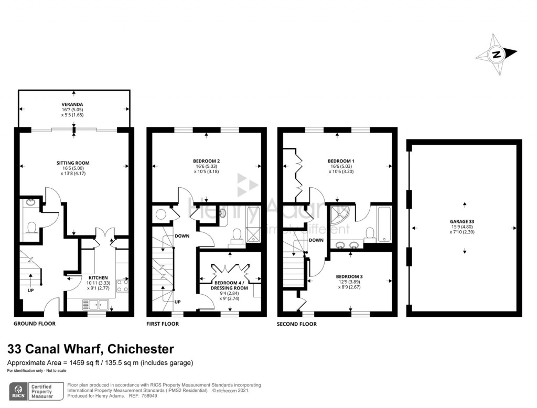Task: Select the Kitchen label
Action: [98, 277]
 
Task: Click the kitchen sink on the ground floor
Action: [94, 304]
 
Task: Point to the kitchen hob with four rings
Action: [122, 286]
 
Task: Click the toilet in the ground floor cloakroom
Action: [31, 228]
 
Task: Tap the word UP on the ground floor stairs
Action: [31, 289]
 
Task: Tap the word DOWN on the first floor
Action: [182, 236]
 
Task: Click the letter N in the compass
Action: [496, 55]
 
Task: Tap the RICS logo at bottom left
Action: [20, 390]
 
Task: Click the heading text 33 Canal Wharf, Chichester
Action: [90, 349]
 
